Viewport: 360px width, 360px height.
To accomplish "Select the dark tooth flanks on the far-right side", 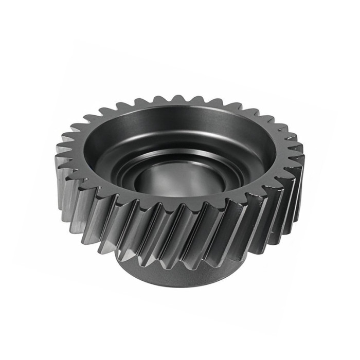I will [x=291, y=195].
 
